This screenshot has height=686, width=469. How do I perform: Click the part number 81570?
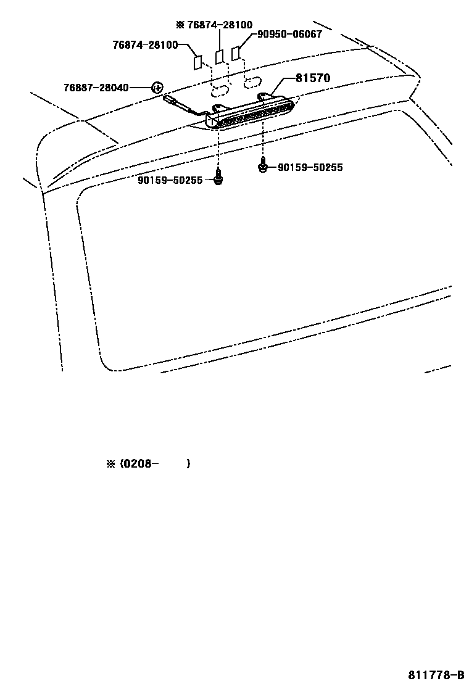click(312, 78)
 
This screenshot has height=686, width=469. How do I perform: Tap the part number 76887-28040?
click(96, 88)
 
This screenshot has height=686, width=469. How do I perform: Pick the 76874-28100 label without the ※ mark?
click(145, 45)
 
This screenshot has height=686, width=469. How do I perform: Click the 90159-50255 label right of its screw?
click(310, 167)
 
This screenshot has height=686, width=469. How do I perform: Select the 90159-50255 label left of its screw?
click(170, 180)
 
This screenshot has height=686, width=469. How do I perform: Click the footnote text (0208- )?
click(155, 463)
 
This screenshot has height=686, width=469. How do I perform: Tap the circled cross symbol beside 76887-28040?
click(157, 88)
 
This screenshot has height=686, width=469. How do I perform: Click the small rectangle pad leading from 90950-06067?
click(236, 54)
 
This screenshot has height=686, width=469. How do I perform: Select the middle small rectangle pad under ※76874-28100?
click(219, 57)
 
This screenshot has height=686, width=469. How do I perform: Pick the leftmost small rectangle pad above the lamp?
click(197, 62)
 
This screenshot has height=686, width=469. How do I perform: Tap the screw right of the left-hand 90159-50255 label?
click(218, 179)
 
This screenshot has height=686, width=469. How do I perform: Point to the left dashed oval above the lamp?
click(220, 91)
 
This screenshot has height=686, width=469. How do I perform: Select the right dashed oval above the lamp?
click(252, 82)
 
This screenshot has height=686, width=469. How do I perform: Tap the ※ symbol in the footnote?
click(111, 463)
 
